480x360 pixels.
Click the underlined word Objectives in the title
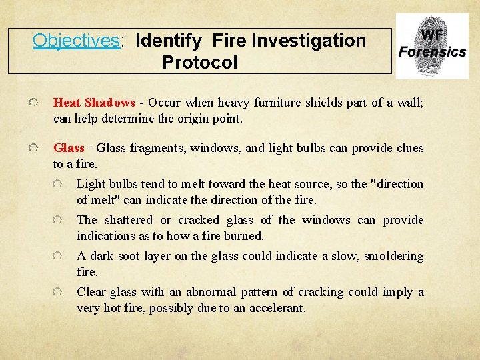(76, 41)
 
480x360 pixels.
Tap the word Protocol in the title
(199, 63)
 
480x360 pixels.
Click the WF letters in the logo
(432, 35)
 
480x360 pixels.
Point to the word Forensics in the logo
(432, 52)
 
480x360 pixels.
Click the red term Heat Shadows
(94, 103)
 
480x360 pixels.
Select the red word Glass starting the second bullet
(69, 148)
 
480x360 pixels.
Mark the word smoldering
(394, 256)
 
